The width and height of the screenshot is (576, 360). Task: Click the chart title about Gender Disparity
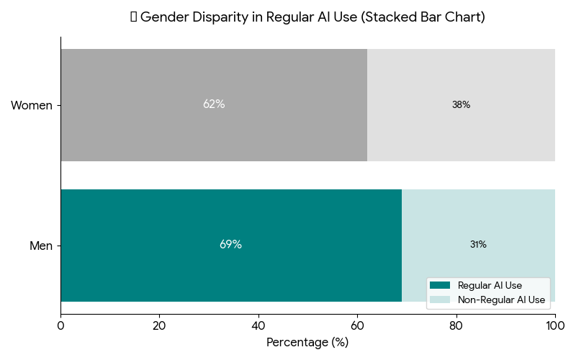tap(307, 17)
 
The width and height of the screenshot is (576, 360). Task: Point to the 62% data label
tap(214, 104)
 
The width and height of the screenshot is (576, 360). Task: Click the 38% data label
tap(461, 105)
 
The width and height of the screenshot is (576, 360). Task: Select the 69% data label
tap(230, 245)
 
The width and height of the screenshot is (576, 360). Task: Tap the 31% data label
tap(478, 245)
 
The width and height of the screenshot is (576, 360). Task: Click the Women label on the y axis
tap(32, 106)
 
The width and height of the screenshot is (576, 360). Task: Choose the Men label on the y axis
tap(41, 246)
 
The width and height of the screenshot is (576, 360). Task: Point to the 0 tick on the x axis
tap(60, 326)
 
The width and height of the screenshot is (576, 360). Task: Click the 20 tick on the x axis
tap(159, 326)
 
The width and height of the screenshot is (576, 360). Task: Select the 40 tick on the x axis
tap(258, 326)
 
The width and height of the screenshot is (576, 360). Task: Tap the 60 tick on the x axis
tap(357, 326)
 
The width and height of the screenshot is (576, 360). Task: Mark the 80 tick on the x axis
tap(456, 326)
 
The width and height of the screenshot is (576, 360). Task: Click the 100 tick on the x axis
tap(554, 326)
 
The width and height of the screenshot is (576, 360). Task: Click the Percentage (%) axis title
tap(307, 343)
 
